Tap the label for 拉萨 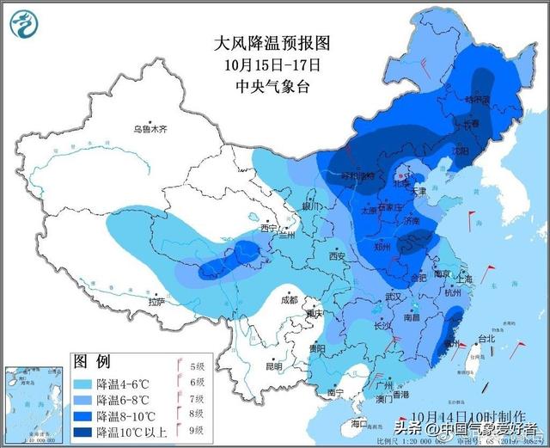click(156, 302)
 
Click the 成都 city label click(289, 300)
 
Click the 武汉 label click(394, 296)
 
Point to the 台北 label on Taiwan click(486, 338)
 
